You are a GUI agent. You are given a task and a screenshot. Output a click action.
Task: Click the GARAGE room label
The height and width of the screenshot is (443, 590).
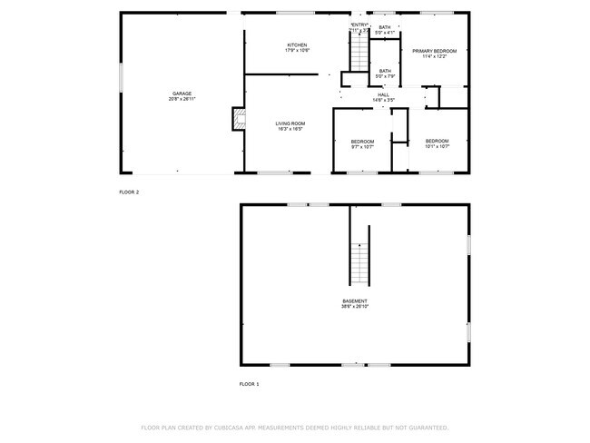coord(182,93)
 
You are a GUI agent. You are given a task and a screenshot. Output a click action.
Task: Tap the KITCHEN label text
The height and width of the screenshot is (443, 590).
coord(298,44)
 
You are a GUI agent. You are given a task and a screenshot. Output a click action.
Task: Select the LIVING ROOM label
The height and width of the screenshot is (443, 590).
coord(290,123)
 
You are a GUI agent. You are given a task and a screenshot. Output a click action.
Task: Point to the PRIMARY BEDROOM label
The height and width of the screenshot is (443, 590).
coord(435,51)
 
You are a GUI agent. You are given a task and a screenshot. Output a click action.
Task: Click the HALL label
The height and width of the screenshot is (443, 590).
coord(385,94)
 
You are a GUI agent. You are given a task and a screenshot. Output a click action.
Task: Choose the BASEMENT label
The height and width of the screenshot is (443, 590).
coord(354,300)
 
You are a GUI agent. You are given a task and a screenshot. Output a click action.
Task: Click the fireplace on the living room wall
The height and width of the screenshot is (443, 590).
coord(238,118)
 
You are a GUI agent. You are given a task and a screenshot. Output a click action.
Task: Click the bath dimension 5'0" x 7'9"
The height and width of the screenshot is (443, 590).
coord(385,76)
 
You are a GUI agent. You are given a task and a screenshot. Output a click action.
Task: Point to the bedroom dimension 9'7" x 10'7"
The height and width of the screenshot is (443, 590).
coord(363,146)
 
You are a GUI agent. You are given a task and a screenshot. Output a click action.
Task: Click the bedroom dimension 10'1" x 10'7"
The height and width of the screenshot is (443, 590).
coord(437,146)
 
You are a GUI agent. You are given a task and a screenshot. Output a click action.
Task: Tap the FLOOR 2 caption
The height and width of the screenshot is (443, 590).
coord(129,192)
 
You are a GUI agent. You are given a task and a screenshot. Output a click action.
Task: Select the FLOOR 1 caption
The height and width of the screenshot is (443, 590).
coord(249,384)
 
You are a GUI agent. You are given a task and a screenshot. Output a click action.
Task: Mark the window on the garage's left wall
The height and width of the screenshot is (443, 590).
coord(121,77)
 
